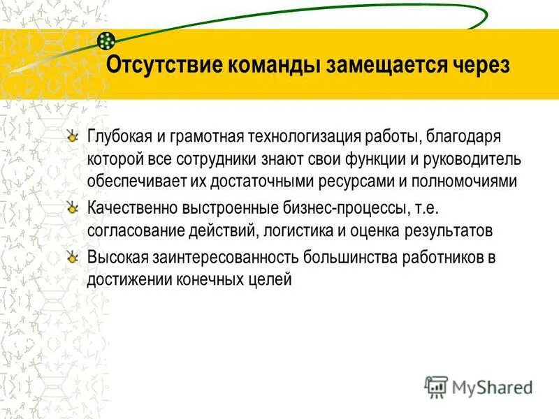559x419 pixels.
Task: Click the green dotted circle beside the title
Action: pos(106,40)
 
